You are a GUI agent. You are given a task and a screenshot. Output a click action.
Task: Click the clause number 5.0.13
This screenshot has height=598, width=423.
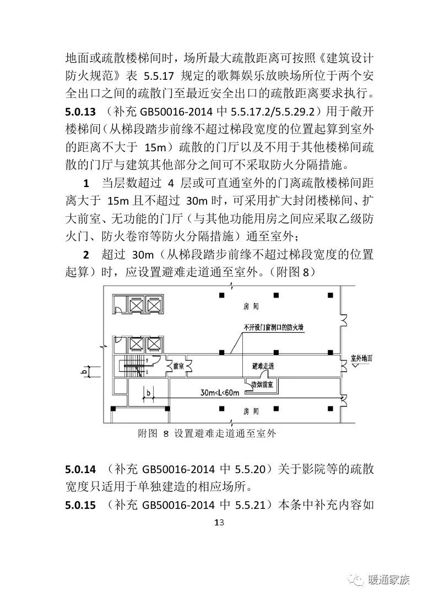[80, 112]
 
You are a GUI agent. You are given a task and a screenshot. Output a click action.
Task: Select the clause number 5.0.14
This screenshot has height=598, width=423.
[80, 469]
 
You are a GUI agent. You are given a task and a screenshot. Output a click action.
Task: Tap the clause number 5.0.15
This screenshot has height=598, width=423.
[80, 505]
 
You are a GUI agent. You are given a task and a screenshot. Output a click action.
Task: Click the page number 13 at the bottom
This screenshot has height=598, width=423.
[219, 522]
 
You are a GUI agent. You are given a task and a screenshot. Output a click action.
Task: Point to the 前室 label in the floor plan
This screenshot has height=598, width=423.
[178, 366]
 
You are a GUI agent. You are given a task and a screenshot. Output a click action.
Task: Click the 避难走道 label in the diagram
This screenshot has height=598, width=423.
[263, 366]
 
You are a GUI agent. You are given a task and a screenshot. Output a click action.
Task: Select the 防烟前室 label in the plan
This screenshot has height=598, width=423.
[263, 385]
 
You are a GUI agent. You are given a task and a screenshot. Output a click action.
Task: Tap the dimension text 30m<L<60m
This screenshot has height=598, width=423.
[220, 393]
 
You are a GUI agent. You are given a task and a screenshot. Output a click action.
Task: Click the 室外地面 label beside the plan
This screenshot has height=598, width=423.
[361, 358]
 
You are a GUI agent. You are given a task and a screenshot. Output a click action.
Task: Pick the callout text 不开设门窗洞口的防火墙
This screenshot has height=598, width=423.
[274, 327]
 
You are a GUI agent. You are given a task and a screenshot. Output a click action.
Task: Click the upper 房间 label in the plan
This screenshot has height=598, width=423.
[251, 306]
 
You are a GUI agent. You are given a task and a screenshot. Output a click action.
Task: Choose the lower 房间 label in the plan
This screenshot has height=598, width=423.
[251, 411]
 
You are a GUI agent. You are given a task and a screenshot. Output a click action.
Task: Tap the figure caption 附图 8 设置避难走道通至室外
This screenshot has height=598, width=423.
[207, 434]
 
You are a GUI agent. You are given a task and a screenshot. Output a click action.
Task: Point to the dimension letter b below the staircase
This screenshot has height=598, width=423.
[149, 392]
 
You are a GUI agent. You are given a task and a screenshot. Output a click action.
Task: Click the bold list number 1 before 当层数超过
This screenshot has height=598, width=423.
[86, 183]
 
